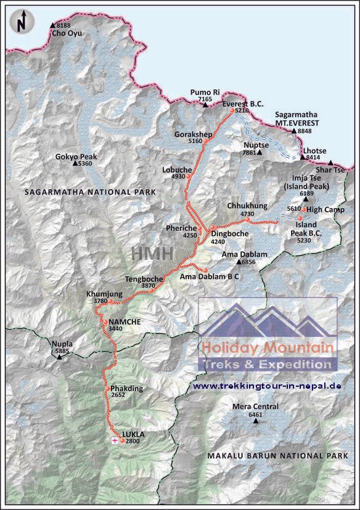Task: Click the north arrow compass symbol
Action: [22, 22]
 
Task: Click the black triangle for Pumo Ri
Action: [205, 105]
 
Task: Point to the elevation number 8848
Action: [305, 131]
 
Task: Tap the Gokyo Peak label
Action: [76, 156]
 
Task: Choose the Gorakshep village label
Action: [187, 134]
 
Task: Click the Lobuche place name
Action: [173, 169]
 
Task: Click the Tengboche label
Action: [144, 278]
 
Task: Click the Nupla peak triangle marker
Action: [60, 357]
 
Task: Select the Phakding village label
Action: [127, 389]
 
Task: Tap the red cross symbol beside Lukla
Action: [114, 441]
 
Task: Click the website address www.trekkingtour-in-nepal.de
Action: [267, 386]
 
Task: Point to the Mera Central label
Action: [255, 407]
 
